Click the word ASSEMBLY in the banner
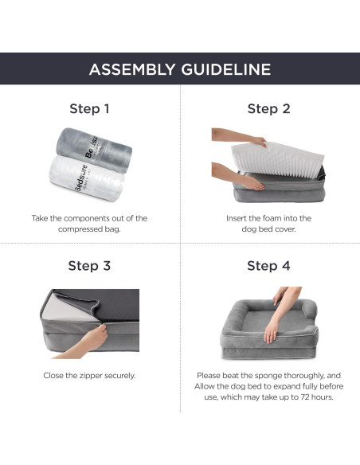[x=132, y=69]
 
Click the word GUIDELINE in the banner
[x=226, y=69]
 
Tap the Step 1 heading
[x=89, y=108]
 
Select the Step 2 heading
[x=268, y=108]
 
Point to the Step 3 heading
[x=89, y=266]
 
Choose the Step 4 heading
[x=268, y=266]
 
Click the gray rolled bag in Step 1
[x=94, y=150]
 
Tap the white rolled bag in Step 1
[x=87, y=178]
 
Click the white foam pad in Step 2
[x=277, y=159]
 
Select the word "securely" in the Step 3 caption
[x=120, y=376]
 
